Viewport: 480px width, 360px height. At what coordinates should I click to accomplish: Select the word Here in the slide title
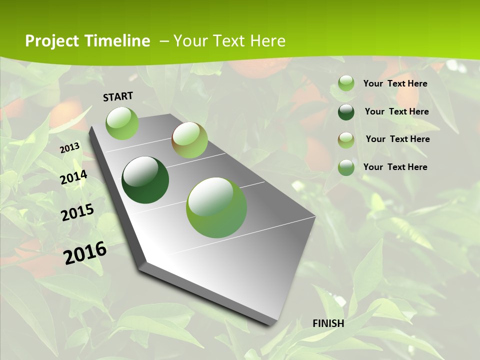(267, 41)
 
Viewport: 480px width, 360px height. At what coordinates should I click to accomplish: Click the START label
(118, 96)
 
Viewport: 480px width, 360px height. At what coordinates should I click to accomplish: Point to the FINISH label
(328, 323)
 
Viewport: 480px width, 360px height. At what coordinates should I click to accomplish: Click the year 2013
(70, 148)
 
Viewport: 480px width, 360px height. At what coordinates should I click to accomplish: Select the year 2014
(74, 177)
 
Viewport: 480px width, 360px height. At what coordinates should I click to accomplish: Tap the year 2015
(77, 212)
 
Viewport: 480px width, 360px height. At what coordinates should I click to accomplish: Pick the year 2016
(85, 253)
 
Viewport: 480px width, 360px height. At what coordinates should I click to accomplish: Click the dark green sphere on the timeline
(145, 180)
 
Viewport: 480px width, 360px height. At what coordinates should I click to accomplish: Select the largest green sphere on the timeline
(216, 207)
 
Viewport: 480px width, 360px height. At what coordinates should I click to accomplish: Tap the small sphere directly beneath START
(122, 123)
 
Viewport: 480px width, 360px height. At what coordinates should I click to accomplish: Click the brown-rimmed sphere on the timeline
(189, 140)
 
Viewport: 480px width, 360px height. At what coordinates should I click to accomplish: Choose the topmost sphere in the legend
(346, 83)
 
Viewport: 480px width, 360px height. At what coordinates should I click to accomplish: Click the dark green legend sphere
(346, 112)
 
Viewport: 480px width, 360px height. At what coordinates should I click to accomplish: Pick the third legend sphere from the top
(346, 140)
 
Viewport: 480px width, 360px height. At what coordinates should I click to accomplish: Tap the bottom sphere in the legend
(346, 167)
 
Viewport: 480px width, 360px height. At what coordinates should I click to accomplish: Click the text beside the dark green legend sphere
(396, 111)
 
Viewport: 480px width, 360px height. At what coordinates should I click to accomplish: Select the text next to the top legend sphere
(395, 83)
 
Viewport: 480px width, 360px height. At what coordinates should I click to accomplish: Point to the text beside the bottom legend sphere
(395, 167)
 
